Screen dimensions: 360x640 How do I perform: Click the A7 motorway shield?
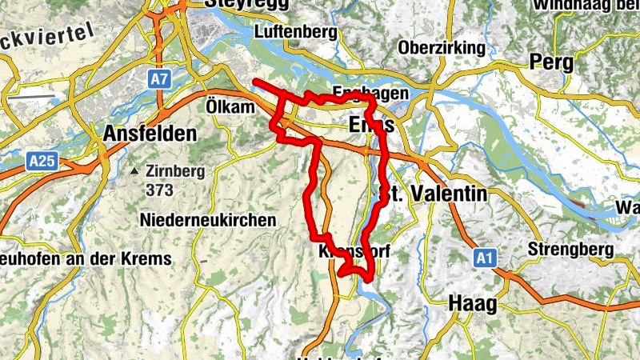coord(159,79)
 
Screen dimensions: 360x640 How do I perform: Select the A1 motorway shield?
coord(482,258)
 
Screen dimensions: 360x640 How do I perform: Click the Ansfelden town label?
coord(150,134)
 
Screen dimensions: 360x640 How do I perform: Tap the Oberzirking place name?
coord(442,48)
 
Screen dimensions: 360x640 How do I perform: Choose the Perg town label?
coord(551,62)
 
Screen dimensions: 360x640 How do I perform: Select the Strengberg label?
coord(570,250)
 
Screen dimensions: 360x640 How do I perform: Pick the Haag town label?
coord(473,303)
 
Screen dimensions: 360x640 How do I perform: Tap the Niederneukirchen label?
coord(207,219)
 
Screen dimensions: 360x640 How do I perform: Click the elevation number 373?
coord(160,190)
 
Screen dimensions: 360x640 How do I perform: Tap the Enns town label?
coord(372,126)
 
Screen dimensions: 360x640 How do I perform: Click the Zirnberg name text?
coord(175,171)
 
